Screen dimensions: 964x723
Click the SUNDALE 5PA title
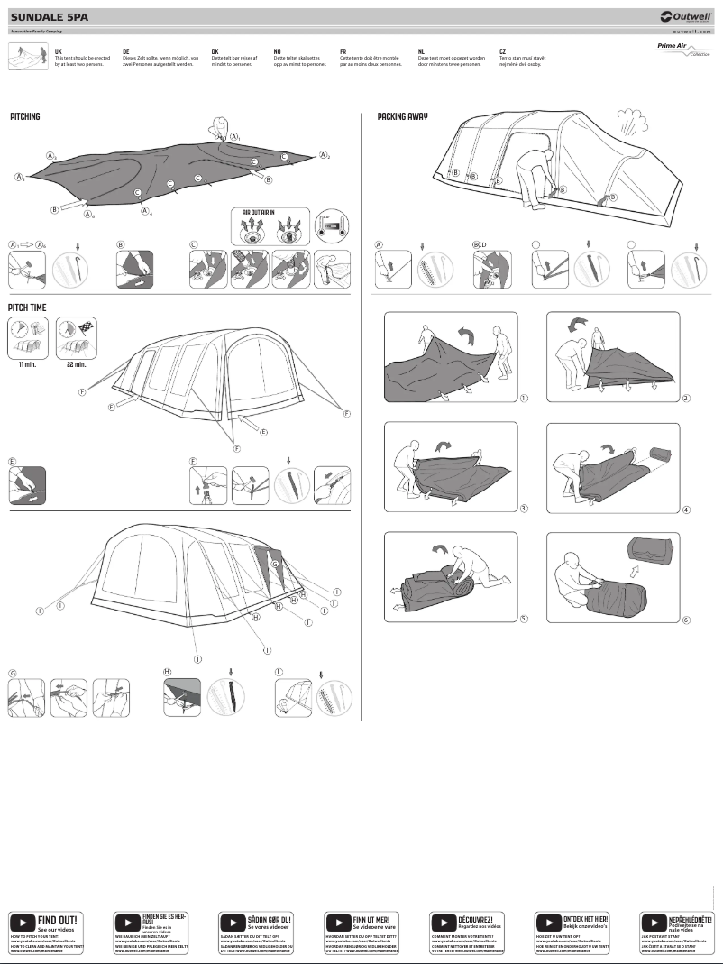coord(50,15)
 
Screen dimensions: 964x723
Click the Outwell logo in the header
coord(686,15)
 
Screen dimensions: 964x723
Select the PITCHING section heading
coord(25,117)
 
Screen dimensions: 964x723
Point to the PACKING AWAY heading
coord(402,117)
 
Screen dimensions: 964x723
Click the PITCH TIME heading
coord(27,308)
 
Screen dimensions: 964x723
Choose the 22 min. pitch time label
coord(76,364)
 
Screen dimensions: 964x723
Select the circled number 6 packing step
coord(686,620)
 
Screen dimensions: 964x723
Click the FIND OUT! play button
coord(22,923)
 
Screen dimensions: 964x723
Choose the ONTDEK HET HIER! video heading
coord(582,918)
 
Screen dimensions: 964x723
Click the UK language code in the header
coord(59,52)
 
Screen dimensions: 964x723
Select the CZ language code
coord(502,52)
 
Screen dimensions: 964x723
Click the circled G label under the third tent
coord(13,673)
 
